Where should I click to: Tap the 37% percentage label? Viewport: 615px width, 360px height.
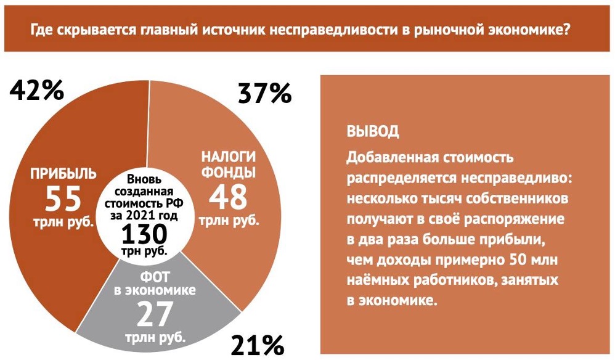point(264,94)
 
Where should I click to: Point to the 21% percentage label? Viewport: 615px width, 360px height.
point(256,344)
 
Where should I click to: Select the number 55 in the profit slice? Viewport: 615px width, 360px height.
point(63,198)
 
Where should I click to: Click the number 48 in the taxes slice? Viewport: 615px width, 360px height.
point(228,197)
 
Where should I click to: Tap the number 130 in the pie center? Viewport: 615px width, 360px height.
point(144,234)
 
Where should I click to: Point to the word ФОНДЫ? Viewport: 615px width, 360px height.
point(227,172)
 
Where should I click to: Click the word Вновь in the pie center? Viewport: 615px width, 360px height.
point(144,179)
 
